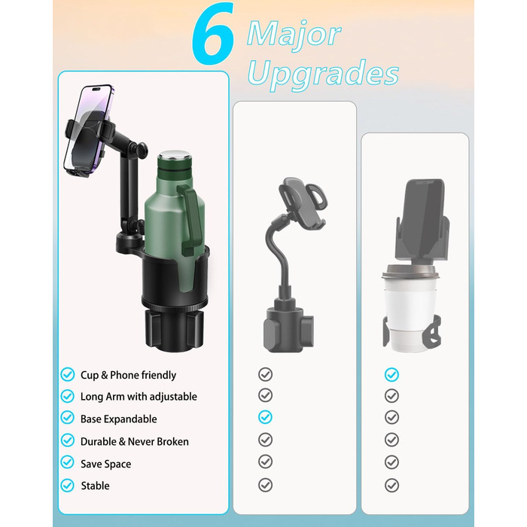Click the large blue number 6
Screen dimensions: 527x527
tap(213, 34)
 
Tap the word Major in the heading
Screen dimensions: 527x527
tap(294, 35)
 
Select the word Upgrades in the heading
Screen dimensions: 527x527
tap(323, 75)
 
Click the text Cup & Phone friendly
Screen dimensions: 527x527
tap(128, 375)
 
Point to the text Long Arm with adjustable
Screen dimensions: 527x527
tap(139, 397)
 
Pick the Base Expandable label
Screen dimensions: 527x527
tap(119, 419)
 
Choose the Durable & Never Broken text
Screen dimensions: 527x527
tap(135, 441)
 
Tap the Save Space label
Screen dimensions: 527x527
tap(106, 464)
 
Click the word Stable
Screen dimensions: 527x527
tap(95, 486)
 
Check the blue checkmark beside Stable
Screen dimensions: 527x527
tap(68, 486)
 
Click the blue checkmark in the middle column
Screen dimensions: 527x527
tap(265, 417)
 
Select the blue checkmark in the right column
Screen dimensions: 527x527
tap(391, 374)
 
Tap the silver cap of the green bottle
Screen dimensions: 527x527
tap(173, 157)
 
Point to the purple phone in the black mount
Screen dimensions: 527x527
tap(88, 129)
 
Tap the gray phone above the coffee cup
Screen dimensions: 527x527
tap(423, 220)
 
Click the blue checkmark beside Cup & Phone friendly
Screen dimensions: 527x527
tap(68, 374)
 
